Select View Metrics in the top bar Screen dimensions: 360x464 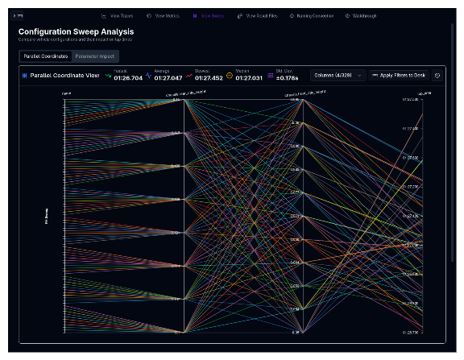point(165,15)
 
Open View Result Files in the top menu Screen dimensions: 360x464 point(259,15)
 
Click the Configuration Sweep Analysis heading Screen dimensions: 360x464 point(76,31)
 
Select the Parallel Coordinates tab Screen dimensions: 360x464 point(45,56)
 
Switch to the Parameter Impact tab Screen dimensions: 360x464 point(94,56)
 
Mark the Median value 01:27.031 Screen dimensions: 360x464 point(250,77)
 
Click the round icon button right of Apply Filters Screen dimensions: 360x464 point(437,75)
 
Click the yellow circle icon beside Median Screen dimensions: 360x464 point(230,75)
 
